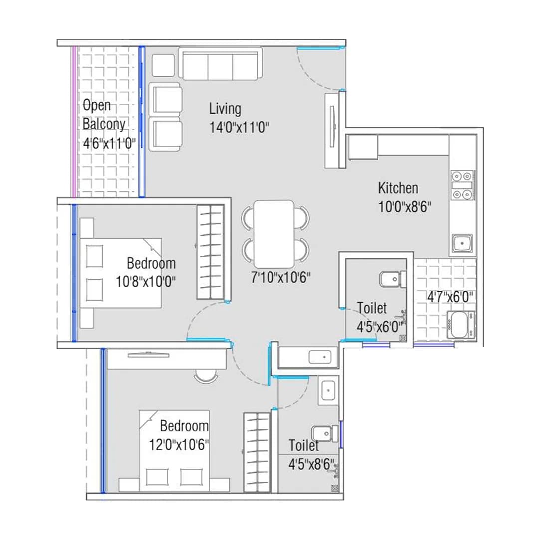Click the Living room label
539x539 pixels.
coord(225,108)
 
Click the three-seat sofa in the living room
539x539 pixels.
coord(220,64)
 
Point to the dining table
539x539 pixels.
coord(273,234)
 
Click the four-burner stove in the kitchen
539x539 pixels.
coord(463,186)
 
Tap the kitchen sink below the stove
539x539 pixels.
coord(463,244)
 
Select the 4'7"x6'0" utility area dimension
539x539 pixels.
coord(449,297)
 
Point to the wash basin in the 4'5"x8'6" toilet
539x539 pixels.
coord(329,389)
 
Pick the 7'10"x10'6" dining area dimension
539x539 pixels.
coord(281,278)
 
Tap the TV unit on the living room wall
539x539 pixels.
coord(333,130)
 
